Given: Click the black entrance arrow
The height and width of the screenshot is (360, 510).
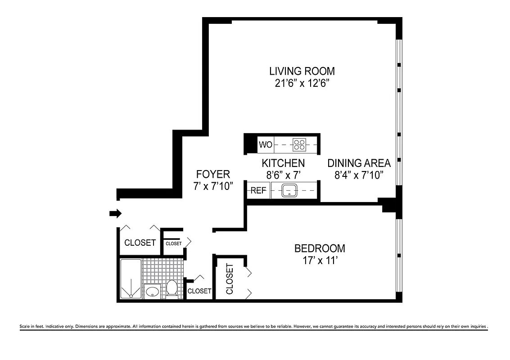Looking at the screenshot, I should [116, 214].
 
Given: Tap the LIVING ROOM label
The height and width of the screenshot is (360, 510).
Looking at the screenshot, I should [302, 71].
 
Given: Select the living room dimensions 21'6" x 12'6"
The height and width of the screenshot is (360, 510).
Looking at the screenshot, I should [302, 83].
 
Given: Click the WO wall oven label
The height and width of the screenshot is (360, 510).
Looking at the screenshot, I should [266, 145].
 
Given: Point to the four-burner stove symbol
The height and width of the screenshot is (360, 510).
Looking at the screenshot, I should [299, 145].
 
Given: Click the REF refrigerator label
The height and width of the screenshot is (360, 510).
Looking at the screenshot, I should [258, 191].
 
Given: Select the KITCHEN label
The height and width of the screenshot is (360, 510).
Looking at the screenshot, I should [283, 163].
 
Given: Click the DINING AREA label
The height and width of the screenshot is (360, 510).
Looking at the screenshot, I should [359, 163].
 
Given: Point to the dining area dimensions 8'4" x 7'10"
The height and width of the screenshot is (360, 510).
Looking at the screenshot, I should [359, 175].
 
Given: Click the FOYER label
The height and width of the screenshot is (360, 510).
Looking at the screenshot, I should [213, 174].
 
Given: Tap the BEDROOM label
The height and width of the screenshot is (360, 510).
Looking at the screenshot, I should [320, 248].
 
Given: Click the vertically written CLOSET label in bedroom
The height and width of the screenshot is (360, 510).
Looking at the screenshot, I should [230, 279].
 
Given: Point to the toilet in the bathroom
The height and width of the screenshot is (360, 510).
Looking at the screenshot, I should [172, 288].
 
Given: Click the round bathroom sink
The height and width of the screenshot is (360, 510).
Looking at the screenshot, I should [153, 291].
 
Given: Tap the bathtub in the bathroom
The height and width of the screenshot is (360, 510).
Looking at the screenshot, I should [131, 279].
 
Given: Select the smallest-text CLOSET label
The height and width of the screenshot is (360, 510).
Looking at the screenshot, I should [173, 243].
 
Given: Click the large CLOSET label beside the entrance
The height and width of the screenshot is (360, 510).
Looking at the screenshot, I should [140, 243].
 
